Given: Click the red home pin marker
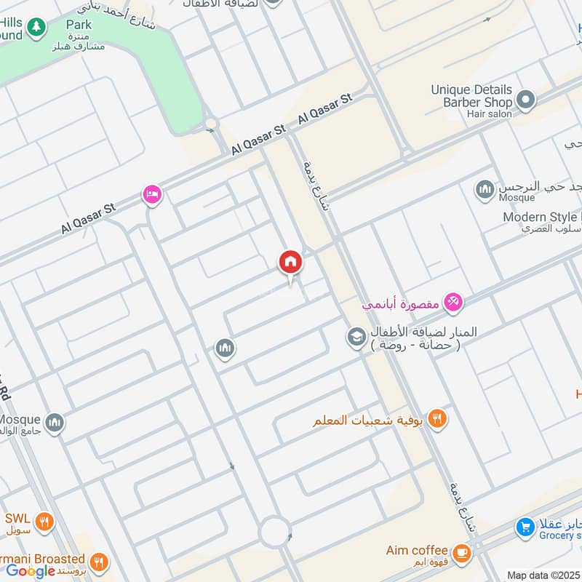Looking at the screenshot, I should [290, 262].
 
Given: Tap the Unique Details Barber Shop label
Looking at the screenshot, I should [471, 96].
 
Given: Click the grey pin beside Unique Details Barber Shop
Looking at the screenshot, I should [527, 100].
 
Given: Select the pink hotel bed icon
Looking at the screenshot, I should [152, 194].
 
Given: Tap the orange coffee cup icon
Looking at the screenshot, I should [461, 554].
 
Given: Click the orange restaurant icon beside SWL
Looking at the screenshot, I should [44, 521].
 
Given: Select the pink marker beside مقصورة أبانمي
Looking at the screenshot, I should [453, 301].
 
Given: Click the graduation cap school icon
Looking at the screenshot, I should [356, 337].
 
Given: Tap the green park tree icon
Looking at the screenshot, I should [36, 28].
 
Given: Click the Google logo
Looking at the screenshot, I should [31, 570].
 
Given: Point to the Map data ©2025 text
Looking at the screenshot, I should [543, 575].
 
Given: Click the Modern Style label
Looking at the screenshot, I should [542, 217].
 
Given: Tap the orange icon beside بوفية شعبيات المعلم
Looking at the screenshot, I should [436, 418].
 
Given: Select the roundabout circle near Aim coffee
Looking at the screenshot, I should [276, 532].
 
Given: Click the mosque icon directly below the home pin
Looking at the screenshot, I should [226, 348].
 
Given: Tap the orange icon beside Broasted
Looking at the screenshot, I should [100, 562].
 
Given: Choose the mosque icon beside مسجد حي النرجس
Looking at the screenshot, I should [485, 191].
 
